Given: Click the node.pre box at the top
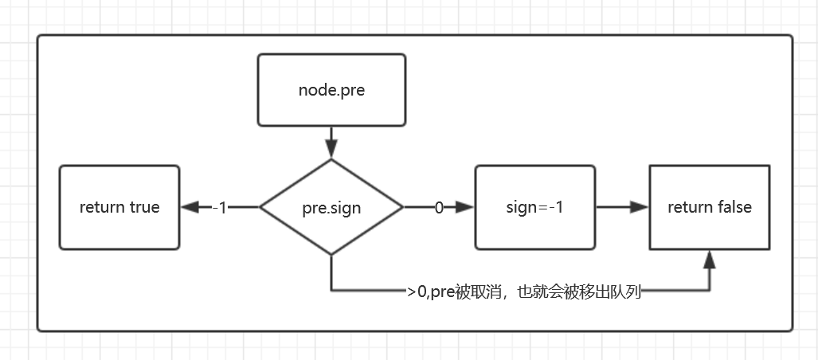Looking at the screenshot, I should click(x=331, y=90).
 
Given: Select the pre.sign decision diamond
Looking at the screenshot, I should click(x=331, y=208).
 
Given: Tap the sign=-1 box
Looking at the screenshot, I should click(x=534, y=208).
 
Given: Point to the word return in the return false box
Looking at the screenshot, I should click(x=691, y=208).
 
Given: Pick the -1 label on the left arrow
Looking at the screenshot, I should click(x=220, y=208).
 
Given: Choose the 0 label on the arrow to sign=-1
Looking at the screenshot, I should click(x=438, y=208).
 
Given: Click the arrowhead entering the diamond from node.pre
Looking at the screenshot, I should click(x=331, y=150).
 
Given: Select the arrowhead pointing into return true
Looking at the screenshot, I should click(x=190, y=208).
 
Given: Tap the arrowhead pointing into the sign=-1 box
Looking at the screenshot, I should click(x=465, y=208).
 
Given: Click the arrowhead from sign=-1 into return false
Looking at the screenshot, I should click(x=640, y=208).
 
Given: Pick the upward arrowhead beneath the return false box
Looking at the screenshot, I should click(x=710, y=259).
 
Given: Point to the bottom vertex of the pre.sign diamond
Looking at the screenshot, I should click(x=331, y=255).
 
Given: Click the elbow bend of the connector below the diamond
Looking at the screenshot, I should click(x=331, y=292).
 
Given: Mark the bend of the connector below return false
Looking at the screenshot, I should click(x=710, y=292).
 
